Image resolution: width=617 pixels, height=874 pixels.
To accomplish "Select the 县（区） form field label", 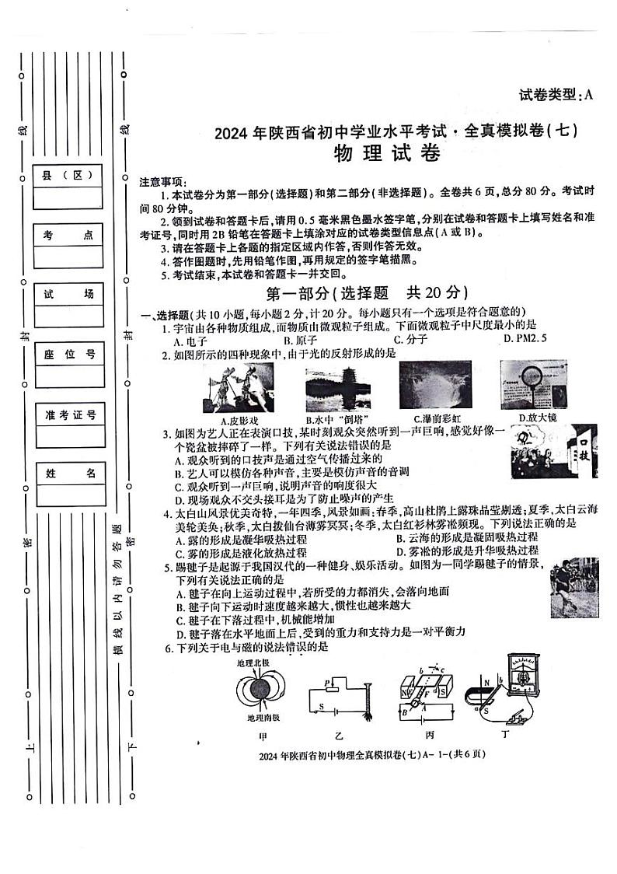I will click(68, 177).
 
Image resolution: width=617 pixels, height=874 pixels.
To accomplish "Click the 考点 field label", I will click(68, 235).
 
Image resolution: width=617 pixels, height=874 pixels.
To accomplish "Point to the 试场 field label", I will click(68, 294).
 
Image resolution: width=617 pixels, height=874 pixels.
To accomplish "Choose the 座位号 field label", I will click(68, 355).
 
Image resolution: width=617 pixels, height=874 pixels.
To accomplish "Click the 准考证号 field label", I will click(68, 414).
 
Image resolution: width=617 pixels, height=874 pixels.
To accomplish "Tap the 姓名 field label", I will click(68, 474).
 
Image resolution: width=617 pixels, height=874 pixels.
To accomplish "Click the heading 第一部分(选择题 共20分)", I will click(366, 293).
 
